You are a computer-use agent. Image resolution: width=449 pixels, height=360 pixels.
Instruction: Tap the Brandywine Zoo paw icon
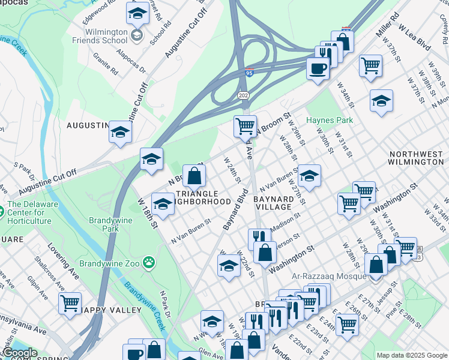click(148, 262)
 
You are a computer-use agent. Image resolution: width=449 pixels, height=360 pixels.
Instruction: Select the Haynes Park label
click(330, 120)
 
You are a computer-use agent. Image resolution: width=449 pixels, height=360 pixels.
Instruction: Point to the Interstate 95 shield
click(249, 73)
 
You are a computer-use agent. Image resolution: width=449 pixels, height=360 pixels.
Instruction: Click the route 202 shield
click(243, 96)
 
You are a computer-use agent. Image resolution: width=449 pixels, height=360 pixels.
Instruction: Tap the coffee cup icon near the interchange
click(318, 67)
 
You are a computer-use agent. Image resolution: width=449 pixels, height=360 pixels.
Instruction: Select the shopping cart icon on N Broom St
click(245, 126)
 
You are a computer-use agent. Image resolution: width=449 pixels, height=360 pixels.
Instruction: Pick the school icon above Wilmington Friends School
click(137, 13)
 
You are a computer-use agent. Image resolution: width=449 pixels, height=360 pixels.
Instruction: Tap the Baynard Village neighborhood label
click(273, 202)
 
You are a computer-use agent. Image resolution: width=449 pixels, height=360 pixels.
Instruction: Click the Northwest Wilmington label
click(415, 158)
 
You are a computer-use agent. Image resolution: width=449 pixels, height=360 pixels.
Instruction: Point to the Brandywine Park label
click(105, 224)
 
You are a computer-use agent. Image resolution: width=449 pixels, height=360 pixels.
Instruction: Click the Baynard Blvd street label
click(235, 210)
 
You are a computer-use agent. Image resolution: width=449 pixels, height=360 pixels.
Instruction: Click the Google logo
click(19, 353)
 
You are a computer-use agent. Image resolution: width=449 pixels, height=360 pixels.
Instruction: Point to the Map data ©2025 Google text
click(411, 355)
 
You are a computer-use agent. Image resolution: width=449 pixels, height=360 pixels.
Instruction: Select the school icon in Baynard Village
click(309, 175)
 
